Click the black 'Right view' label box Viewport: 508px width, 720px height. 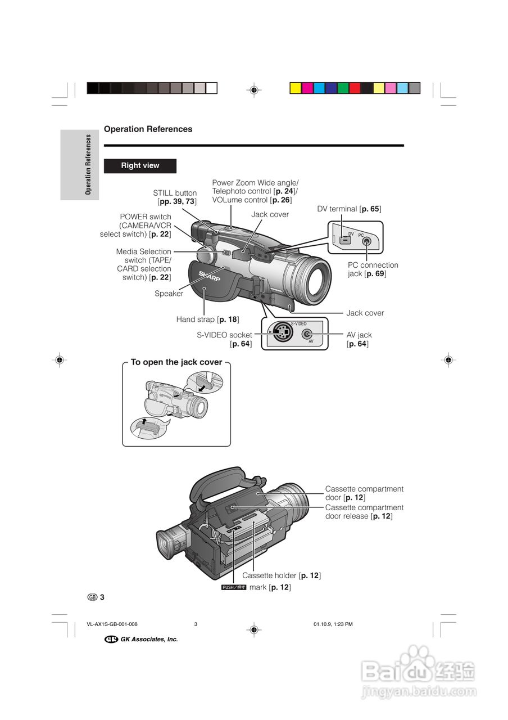click(x=140, y=166)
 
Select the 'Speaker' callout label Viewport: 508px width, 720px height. click(x=169, y=294)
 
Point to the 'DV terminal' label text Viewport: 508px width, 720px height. click(x=349, y=209)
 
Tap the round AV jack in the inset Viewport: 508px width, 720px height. click(x=307, y=335)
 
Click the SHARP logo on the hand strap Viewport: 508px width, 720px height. click(x=209, y=276)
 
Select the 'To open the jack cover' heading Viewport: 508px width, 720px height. click(x=176, y=362)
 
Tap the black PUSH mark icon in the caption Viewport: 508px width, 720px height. click(x=234, y=587)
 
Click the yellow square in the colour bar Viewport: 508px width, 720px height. click(x=295, y=88)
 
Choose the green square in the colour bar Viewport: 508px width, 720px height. click(x=343, y=88)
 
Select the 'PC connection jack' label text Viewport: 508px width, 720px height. click(x=373, y=269)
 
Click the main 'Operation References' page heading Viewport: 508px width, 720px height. click(x=148, y=129)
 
